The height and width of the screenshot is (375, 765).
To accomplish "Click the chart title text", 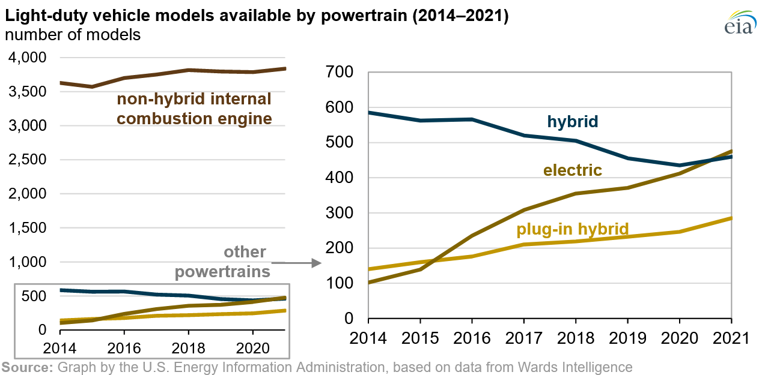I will pyautogui.click(x=257, y=16).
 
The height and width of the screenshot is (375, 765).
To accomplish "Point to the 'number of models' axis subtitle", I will pyautogui.click(x=73, y=35).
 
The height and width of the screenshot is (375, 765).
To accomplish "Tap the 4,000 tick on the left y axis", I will pyautogui.click(x=26, y=58).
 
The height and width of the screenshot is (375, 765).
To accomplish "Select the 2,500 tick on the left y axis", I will pyautogui.click(x=26, y=160).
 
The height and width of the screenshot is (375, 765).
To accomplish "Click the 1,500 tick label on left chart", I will pyautogui.click(x=26, y=228).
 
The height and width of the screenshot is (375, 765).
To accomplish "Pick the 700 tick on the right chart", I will pyautogui.click(x=340, y=73).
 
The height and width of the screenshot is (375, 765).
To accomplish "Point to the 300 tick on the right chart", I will pyautogui.click(x=340, y=213).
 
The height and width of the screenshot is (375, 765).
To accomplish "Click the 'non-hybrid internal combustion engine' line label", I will pyautogui.click(x=194, y=109).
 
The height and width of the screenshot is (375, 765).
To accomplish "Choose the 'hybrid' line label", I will pyautogui.click(x=572, y=122).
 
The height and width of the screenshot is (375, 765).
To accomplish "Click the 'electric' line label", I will pyautogui.click(x=572, y=171).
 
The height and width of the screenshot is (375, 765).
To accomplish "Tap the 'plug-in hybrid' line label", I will pyautogui.click(x=572, y=229).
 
